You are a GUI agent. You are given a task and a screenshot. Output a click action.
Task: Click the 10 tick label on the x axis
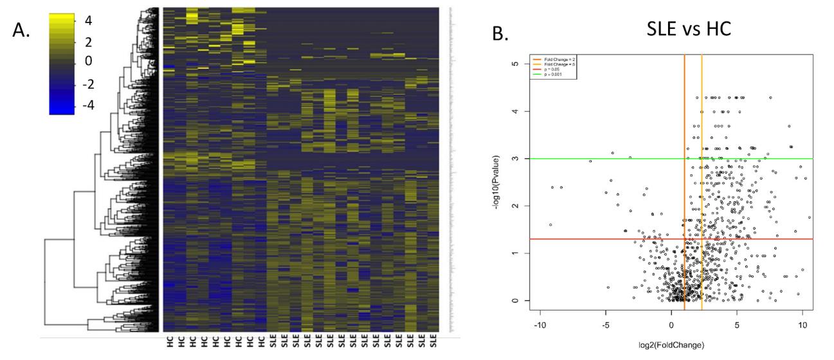click(802, 326)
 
